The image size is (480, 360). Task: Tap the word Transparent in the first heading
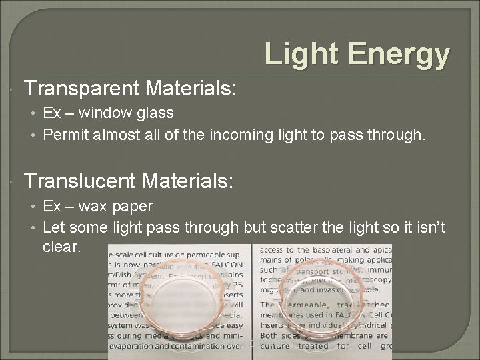click(x=84, y=88)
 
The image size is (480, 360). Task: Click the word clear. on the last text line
click(x=61, y=246)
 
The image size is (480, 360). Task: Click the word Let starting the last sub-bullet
click(x=53, y=229)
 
